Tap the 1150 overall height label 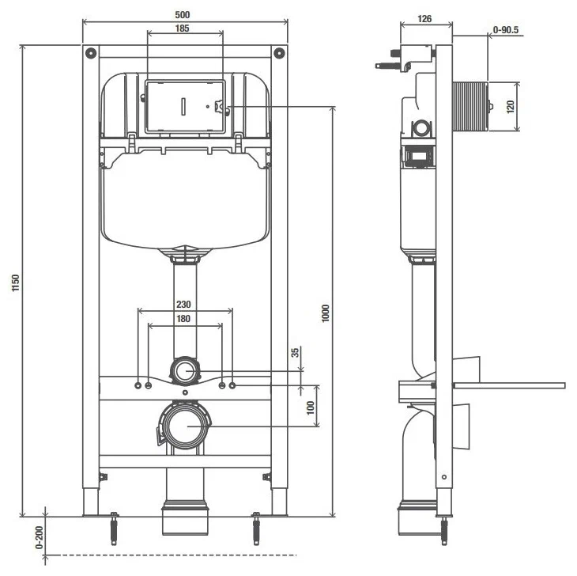[x=16, y=283]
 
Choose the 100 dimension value [x=311, y=407]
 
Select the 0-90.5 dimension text [x=506, y=30]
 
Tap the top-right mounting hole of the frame [x=278, y=54]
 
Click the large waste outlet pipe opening [x=186, y=426]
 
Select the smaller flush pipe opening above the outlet [x=186, y=370]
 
